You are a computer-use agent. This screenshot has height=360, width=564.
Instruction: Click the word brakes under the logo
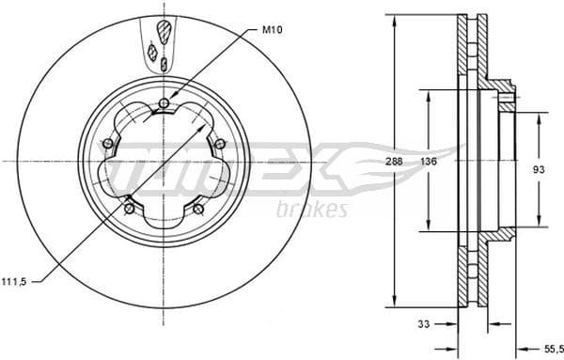pos(313,209)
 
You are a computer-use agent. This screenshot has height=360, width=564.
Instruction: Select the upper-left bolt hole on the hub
pos(107,143)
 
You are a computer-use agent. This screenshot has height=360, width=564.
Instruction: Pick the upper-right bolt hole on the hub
pos(220,143)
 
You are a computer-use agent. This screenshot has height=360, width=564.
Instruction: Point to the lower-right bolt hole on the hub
pos(198,209)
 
